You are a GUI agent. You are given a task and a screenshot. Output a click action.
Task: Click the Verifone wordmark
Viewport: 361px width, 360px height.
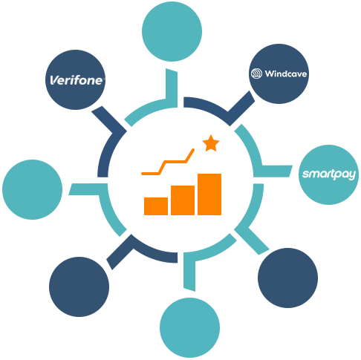77,80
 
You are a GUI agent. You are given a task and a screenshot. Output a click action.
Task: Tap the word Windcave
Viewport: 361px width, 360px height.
286,73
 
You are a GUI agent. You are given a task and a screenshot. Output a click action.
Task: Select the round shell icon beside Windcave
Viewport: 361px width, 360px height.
256,73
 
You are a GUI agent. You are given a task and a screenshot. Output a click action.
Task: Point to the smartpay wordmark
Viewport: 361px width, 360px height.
329,174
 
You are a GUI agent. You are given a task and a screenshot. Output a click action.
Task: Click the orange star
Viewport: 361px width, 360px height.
211,143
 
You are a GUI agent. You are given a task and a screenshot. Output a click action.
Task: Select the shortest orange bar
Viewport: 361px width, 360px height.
156,206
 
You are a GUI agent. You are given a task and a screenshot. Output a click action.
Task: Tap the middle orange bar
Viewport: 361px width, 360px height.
183,200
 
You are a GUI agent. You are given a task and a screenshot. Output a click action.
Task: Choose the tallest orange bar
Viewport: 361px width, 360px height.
209,194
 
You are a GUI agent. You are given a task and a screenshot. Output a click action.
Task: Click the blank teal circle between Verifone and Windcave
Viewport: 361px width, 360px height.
172,31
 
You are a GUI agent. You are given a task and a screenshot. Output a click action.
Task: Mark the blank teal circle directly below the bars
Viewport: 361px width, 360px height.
189,327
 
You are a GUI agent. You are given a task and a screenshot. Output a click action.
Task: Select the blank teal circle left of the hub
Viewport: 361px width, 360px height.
32,189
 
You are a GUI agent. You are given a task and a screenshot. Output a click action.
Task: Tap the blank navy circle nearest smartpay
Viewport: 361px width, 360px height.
287,278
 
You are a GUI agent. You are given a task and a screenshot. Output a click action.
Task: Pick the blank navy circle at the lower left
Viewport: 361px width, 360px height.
79,287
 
